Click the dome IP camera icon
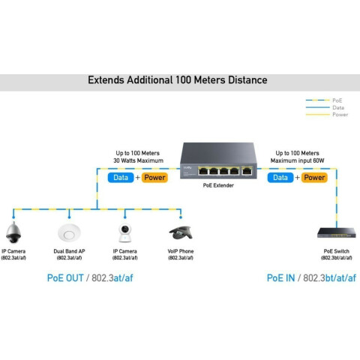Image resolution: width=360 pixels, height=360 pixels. [x=13, y=232]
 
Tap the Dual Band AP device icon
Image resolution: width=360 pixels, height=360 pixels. [x=69, y=232]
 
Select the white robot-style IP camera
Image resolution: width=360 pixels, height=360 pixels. [x=124, y=233]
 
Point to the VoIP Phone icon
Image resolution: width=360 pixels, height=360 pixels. [x=181, y=233]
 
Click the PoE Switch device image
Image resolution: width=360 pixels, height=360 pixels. [x=337, y=232]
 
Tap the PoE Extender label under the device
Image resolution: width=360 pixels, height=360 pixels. [x=218, y=185]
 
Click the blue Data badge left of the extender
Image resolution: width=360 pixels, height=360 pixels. [x=121, y=178]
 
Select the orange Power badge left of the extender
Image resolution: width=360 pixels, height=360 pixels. [x=154, y=178]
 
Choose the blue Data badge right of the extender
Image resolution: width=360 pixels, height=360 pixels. [x=280, y=178]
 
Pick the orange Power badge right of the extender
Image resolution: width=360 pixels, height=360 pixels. [x=314, y=178]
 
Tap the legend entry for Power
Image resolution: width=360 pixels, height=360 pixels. [x=327, y=115]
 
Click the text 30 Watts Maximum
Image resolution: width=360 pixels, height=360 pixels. [x=138, y=160]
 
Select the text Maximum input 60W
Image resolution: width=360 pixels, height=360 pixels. [x=297, y=160]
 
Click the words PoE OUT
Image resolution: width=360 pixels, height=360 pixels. [x=65, y=278]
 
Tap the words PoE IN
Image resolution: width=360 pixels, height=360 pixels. [x=280, y=278]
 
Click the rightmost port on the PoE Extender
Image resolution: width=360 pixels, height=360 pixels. [x=247, y=171]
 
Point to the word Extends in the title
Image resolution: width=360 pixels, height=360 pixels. [x=106, y=80]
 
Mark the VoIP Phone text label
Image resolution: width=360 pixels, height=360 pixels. [x=181, y=251]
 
